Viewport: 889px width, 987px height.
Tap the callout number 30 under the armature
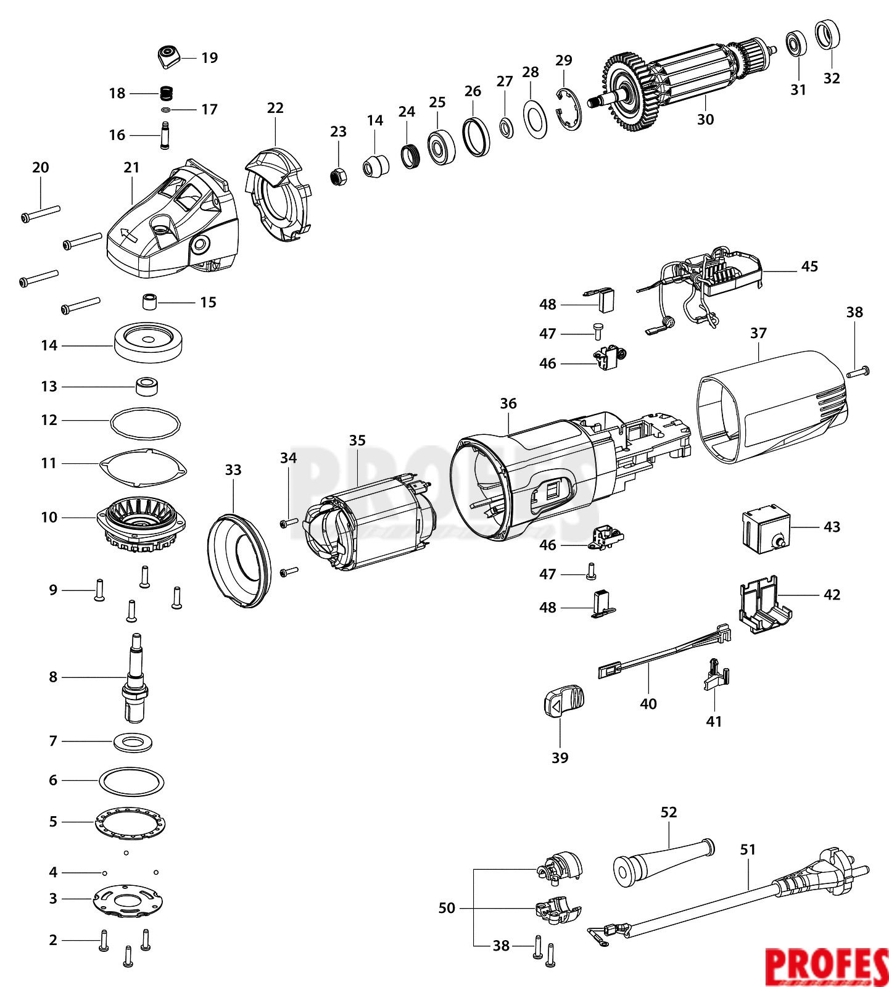click(x=705, y=120)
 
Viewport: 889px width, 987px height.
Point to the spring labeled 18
click(x=166, y=94)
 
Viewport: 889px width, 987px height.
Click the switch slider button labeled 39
click(x=563, y=701)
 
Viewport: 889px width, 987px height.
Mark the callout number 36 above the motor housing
click(x=508, y=403)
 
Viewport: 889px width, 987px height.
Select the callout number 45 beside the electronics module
click(x=809, y=266)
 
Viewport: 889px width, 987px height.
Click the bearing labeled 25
click(x=441, y=147)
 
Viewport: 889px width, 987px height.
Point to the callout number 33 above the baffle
click(x=233, y=470)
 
